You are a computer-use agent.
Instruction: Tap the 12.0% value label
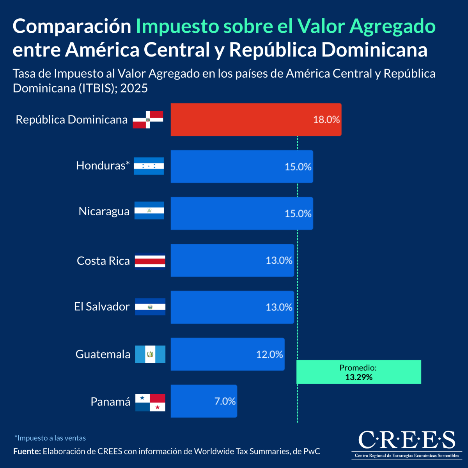click(x=269, y=355)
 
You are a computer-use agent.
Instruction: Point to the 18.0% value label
click(x=326, y=120)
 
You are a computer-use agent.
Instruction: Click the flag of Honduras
click(x=149, y=166)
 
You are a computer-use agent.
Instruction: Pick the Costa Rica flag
click(x=150, y=261)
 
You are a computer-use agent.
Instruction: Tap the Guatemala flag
click(x=150, y=354)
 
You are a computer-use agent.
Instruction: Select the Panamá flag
click(x=150, y=402)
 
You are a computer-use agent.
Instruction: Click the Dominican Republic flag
click(x=148, y=120)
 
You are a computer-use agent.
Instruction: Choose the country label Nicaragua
click(x=104, y=211)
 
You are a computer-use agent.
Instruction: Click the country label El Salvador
click(x=102, y=307)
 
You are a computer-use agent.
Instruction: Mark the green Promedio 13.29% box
click(x=359, y=372)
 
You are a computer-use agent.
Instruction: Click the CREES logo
click(x=406, y=444)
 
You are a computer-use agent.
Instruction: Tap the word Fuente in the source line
click(x=27, y=452)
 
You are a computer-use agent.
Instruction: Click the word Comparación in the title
click(x=72, y=27)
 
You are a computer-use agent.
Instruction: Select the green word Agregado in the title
click(x=392, y=27)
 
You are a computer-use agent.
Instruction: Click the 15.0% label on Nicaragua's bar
click(x=298, y=214)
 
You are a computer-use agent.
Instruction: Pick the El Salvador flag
click(x=150, y=307)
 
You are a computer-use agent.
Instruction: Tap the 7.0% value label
click(x=225, y=401)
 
